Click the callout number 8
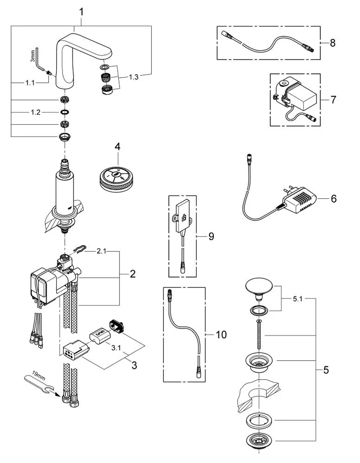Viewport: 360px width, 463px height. [333, 43]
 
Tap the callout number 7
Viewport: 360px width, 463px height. [333, 100]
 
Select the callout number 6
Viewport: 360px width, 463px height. [334, 198]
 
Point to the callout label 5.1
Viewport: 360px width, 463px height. [298, 299]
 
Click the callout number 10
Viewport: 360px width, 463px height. [221, 335]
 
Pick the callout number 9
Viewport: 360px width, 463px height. [211, 236]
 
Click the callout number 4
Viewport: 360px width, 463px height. [117, 147]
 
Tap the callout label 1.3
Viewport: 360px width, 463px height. [134, 77]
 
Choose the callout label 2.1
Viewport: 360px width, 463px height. [101, 251]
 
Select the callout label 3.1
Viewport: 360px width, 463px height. [116, 348]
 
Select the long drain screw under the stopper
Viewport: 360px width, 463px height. [259, 334]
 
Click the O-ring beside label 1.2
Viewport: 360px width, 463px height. [64, 112]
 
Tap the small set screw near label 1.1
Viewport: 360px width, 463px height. [49, 73]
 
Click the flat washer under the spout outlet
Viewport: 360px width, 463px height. [104, 67]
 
